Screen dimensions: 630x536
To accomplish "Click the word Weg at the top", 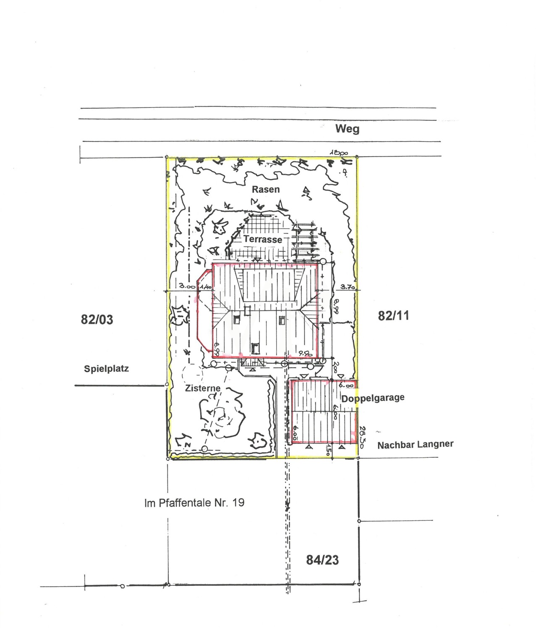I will tap(347, 129).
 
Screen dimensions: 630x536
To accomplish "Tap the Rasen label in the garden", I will tap(266, 189).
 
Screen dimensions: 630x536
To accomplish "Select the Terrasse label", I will tap(263, 239).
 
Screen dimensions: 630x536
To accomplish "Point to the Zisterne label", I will tap(203, 388).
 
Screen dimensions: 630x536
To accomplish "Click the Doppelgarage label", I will tap(373, 398).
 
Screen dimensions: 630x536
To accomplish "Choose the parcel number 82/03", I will tap(97, 320).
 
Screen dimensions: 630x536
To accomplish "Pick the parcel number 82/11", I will tap(393, 316).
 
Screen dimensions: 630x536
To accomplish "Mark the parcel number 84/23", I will tap(322, 560).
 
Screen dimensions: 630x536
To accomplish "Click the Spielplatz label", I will tap(106, 369).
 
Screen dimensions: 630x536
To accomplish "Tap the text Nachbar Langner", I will tap(415, 444).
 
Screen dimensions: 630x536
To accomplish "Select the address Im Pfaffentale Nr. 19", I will tap(194, 503).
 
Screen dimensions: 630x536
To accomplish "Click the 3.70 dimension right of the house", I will tap(348, 287).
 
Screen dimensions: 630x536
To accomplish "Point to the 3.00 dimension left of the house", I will tap(187, 286).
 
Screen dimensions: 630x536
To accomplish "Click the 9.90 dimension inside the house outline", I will tap(304, 354).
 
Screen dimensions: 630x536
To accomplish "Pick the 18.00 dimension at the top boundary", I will tap(339, 154).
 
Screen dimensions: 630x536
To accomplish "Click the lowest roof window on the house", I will tap(254, 347).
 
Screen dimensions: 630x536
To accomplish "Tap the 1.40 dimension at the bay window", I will tap(205, 287).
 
